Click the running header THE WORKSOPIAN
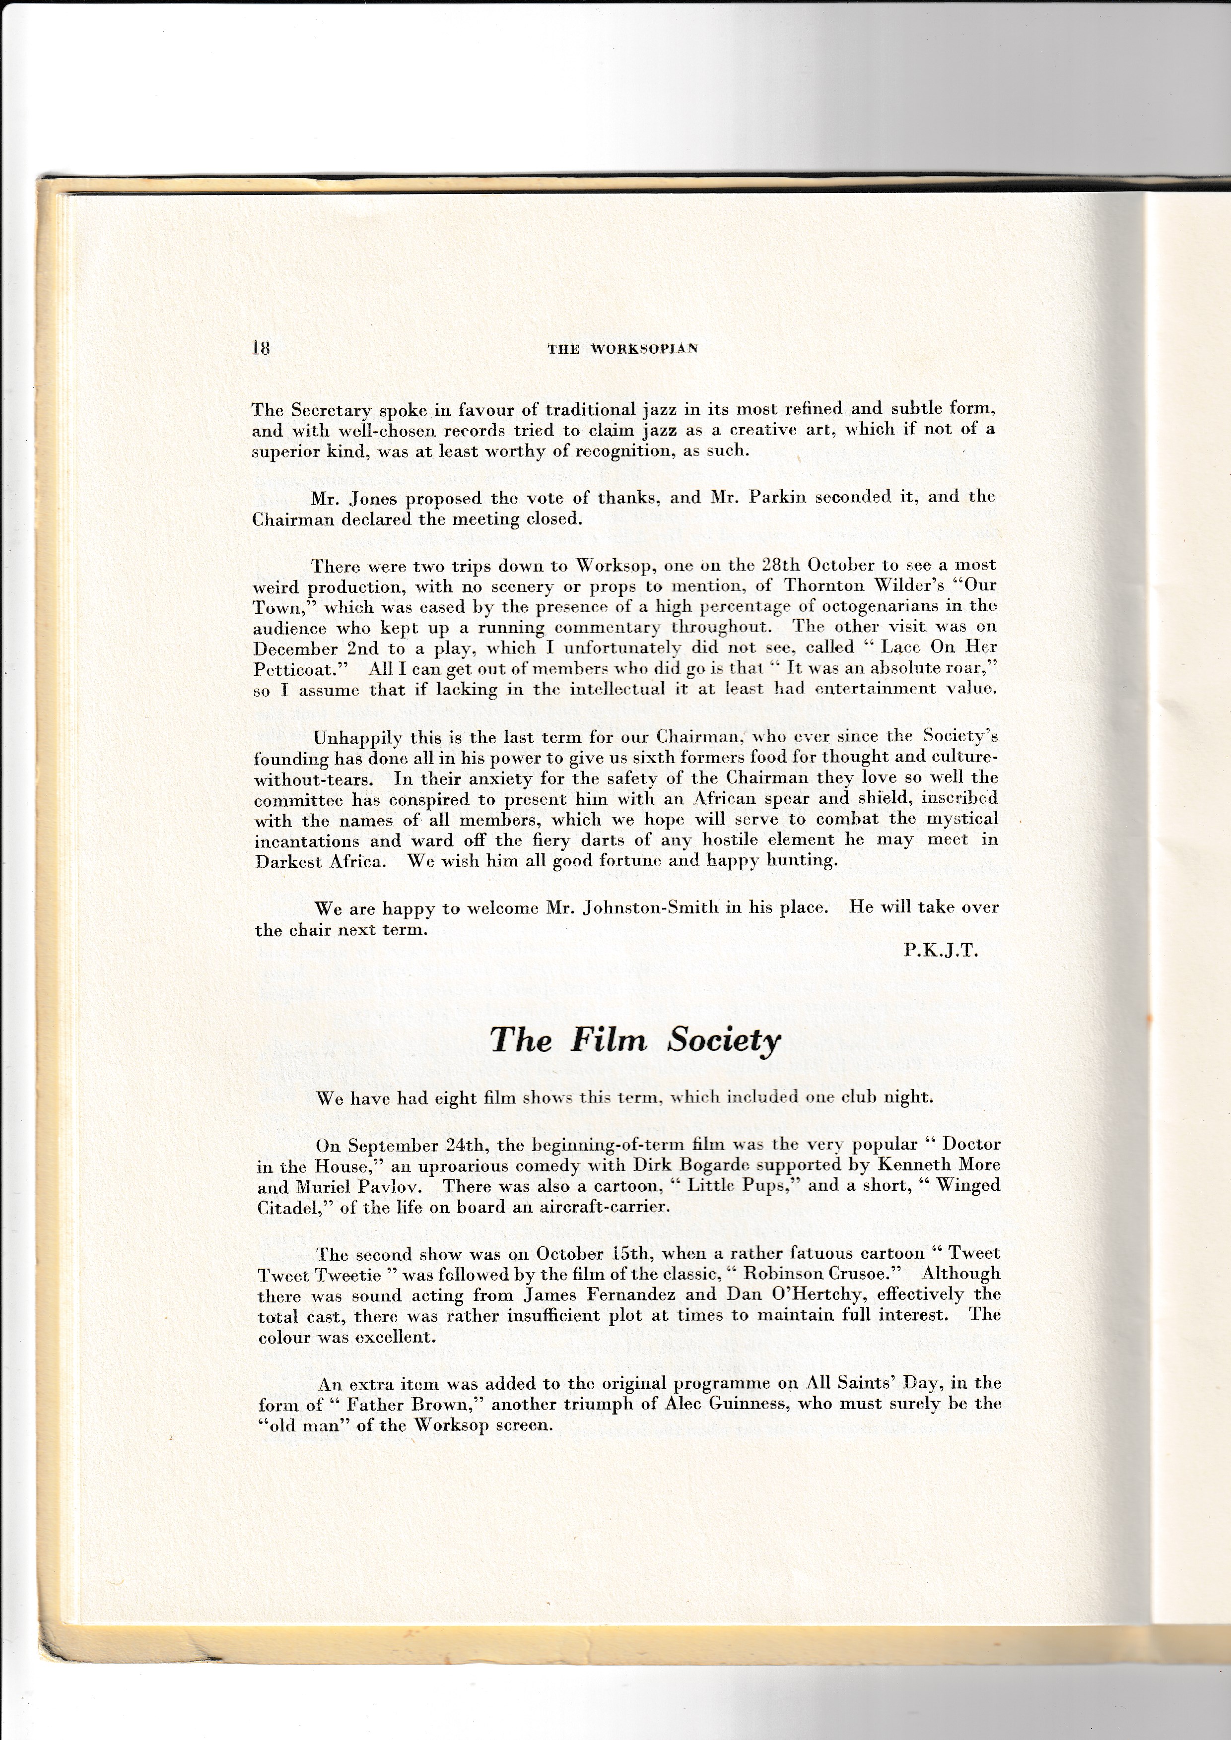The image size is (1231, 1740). [622, 349]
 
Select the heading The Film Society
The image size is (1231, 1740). [634, 1040]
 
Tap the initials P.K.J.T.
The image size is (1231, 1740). [941, 951]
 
